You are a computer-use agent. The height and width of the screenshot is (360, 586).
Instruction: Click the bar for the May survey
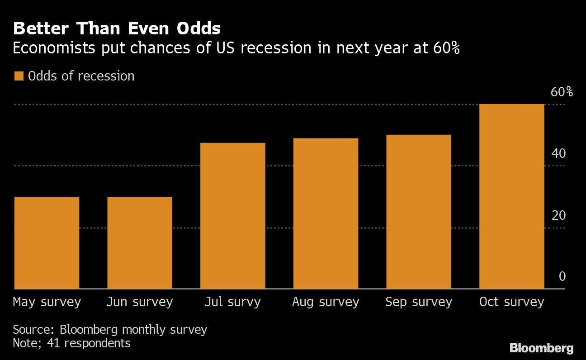pyautogui.click(x=47, y=243)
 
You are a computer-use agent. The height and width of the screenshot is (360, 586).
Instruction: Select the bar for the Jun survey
pyautogui.click(x=140, y=243)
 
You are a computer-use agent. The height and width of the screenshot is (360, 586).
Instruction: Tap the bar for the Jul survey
pyautogui.click(x=232, y=216)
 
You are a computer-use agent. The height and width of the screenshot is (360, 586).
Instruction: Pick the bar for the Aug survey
pyautogui.click(x=326, y=213)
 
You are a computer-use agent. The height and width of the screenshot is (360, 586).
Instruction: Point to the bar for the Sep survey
pyautogui.click(x=419, y=212)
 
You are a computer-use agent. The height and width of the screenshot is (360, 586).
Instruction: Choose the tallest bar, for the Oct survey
pyautogui.click(x=511, y=196)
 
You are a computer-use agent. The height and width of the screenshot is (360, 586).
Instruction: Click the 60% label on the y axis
pyautogui.click(x=562, y=92)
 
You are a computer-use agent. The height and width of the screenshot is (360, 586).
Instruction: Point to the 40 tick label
pyautogui.click(x=558, y=154)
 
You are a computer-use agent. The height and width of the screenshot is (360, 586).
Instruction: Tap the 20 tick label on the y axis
pyautogui.click(x=558, y=215)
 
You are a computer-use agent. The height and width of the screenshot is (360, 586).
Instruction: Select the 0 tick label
pyautogui.click(x=562, y=276)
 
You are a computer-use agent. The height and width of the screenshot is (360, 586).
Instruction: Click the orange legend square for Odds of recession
pyautogui.click(x=19, y=76)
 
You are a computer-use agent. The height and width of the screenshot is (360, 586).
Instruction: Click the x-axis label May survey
pyautogui.click(x=47, y=302)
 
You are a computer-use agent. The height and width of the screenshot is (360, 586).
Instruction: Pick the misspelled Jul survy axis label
pyautogui.click(x=232, y=302)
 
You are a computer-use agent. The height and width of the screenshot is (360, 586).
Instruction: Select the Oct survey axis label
pyautogui.click(x=511, y=302)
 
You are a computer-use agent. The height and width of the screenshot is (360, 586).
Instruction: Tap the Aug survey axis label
pyautogui.click(x=326, y=302)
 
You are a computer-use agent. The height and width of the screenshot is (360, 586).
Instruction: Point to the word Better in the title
pyautogui.click(x=41, y=29)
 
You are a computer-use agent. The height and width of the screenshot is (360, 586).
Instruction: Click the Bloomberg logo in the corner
pyautogui.click(x=542, y=348)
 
